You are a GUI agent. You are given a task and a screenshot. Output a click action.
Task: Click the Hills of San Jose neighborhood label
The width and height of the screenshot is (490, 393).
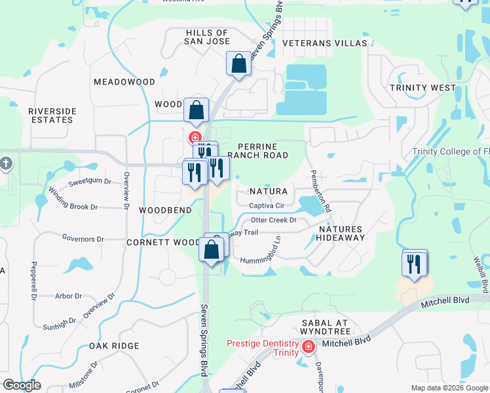pos(207,37)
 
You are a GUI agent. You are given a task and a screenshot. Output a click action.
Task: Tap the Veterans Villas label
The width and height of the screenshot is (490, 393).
pos(325,43)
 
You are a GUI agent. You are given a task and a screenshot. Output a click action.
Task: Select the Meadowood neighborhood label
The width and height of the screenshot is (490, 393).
pos(124,83)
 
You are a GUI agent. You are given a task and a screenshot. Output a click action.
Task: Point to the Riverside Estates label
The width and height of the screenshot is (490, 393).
pos(52,116)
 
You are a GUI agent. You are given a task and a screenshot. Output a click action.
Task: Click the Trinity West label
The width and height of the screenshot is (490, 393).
pos(423,88)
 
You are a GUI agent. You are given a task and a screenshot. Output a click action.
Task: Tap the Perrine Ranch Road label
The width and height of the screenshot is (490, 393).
pos(257,151)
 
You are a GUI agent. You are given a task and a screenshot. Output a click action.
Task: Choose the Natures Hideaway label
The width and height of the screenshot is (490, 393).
pos(341,233)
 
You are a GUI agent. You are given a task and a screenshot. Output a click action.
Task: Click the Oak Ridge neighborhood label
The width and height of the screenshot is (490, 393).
pos(115,346)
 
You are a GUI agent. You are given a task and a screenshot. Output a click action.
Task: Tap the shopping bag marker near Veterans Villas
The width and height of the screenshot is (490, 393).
pos(238,64)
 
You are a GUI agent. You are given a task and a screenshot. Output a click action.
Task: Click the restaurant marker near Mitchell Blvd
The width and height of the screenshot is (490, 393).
pos(414,264)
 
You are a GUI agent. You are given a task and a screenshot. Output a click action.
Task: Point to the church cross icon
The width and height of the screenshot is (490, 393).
pos(5,163)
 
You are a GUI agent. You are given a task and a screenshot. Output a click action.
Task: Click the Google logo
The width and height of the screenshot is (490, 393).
pos(22,384)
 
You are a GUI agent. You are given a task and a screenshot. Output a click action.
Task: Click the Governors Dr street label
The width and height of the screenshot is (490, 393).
pos(83,239)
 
